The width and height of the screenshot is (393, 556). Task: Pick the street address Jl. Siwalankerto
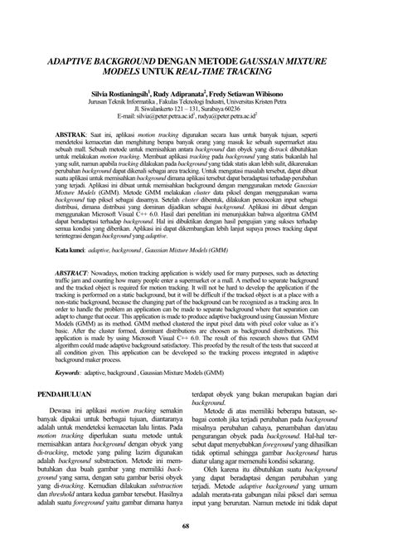[163, 113]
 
